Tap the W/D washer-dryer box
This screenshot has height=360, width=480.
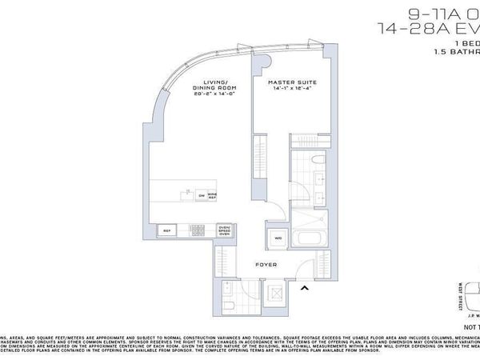(x=278, y=238)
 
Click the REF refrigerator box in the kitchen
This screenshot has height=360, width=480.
(x=168, y=231)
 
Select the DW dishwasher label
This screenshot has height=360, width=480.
(x=201, y=194)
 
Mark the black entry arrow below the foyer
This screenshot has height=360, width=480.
(x=303, y=289)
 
